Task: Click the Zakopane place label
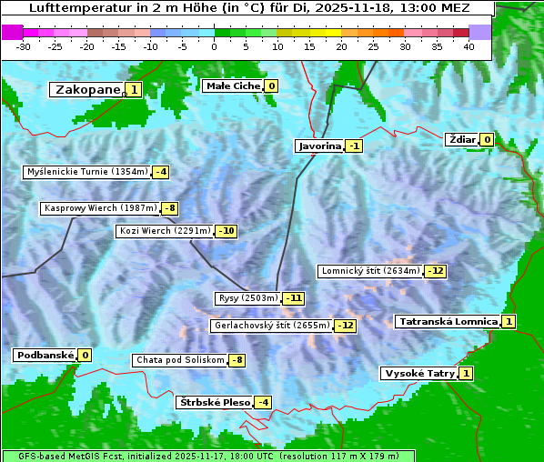pos(87,89)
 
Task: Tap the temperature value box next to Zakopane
pos(134,89)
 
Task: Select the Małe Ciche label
pos(233,85)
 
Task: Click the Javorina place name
pos(319,146)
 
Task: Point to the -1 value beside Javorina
pos(354,146)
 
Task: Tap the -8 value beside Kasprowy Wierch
pos(169,208)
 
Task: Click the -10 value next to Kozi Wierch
pos(227,231)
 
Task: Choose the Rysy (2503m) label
pos(247,298)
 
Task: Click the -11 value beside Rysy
pos(294,298)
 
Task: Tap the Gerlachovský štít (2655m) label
pos(270,325)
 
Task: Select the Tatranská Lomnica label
pos(448,321)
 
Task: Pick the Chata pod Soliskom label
pos(178,360)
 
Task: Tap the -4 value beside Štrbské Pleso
pos(263,402)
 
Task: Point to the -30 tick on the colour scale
pos(24,46)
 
